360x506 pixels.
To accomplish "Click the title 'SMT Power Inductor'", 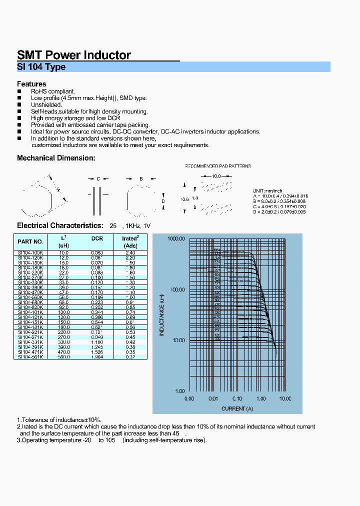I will (x=74, y=55).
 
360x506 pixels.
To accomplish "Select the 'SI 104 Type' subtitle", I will (x=41, y=67).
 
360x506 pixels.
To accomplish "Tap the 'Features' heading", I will (x=31, y=84).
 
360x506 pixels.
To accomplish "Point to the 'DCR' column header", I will (x=97, y=238).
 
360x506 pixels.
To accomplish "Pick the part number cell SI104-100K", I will (x=31, y=253).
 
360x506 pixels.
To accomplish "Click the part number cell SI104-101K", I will (x=31, y=312).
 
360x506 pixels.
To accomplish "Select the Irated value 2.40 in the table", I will (x=130, y=253).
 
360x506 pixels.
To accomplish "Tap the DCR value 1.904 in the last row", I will (x=97, y=357).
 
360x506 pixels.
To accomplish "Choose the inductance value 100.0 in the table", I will (x=64, y=312).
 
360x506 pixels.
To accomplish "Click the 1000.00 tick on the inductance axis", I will (x=176, y=239).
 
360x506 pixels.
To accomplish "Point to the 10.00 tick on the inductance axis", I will (x=177, y=340).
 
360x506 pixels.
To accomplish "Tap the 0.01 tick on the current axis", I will (x=213, y=398).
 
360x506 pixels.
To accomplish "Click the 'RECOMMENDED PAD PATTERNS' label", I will (x=218, y=166).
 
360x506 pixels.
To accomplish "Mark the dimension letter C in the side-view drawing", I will (x=98, y=178).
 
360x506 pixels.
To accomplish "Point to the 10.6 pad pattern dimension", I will (x=184, y=199).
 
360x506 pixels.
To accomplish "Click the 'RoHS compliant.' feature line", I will (x=53, y=91).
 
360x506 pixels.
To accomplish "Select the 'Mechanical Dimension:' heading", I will (x=56, y=158).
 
